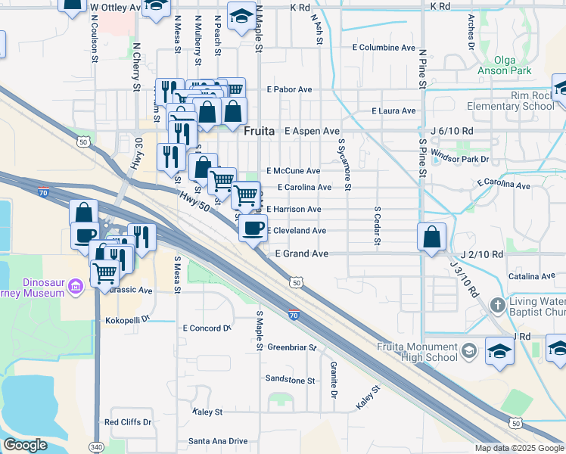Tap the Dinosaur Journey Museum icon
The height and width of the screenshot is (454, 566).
[x=75, y=286]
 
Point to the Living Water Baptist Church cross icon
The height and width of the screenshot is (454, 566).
[x=497, y=306]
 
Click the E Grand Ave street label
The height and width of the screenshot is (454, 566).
[x=301, y=253]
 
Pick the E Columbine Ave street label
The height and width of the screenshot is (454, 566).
[x=384, y=47]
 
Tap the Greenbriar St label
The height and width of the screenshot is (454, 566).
[x=291, y=348]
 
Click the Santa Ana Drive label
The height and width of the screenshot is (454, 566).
[x=218, y=441]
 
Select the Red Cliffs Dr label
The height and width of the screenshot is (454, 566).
[x=128, y=422]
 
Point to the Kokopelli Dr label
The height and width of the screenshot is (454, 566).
[x=131, y=320]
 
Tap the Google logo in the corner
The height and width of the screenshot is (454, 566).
[x=26, y=445]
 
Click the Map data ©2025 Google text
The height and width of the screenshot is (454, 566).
[x=519, y=448]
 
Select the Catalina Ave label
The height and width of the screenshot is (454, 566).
[x=532, y=277]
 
